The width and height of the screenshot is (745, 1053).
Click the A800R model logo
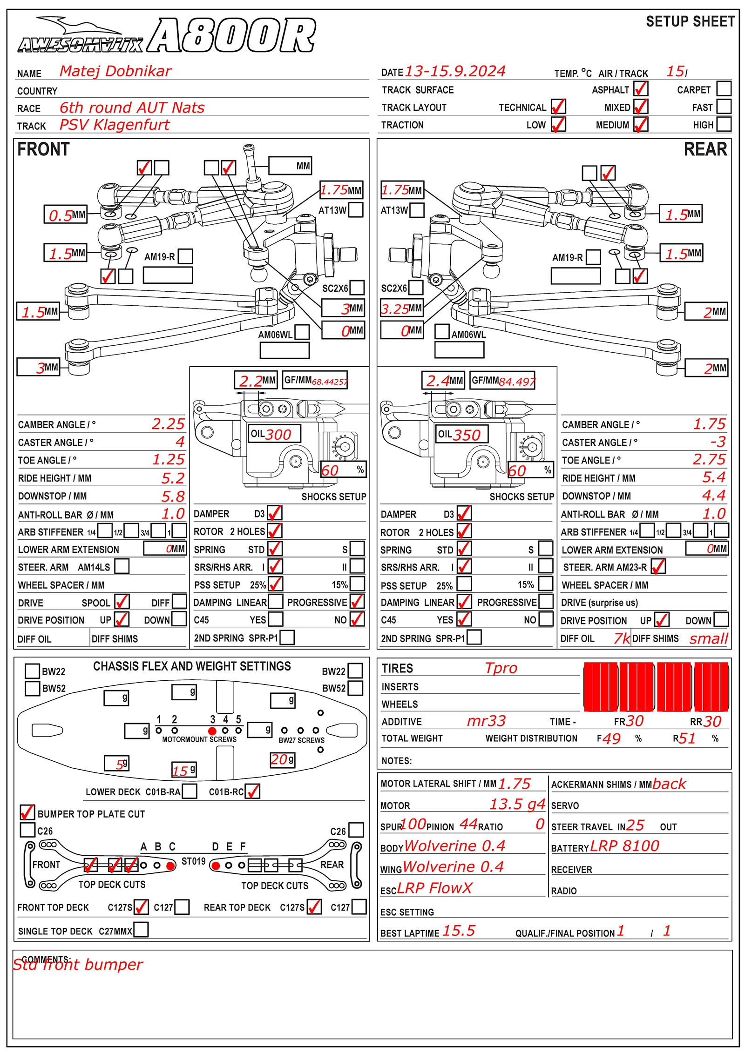pyautogui.click(x=231, y=36)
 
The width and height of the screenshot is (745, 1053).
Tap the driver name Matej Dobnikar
pyautogui.click(x=115, y=71)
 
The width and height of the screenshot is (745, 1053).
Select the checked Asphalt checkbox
pyautogui.click(x=641, y=88)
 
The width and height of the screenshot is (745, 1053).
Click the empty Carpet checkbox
pyautogui.click(x=724, y=88)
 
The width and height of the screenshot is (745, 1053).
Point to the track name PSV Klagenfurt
pyautogui.click(x=115, y=125)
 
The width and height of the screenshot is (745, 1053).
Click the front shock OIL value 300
pyautogui.click(x=278, y=434)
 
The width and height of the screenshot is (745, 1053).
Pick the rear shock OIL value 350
pyautogui.click(x=467, y=435)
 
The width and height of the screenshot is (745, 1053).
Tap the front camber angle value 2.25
pyautogui.click(x=168, y=424)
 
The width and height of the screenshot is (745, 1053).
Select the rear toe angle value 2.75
pyautogui.click(x=709, y=459)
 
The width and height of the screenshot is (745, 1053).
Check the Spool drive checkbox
pyautogui.click(x=122, y=601)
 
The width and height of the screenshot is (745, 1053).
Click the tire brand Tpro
pyautogui.click(x=501, y=668)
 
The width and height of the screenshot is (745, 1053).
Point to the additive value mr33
pyautogui.click(x=486, y=721)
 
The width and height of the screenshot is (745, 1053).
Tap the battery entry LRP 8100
pyautogui.click(x=624, y=845)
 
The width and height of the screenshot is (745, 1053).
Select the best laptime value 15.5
pyautogui.click(x=459, y=930)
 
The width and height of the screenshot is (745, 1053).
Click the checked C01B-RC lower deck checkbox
pyautogui.click(x=252, y=791)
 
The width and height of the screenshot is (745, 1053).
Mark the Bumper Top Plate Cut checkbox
pyautogui.click(x=27, y=812)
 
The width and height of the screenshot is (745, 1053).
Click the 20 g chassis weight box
pyautogui.click(x=282, y=760)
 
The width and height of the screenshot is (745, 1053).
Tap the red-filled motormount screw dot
pyautogui.click(x=212, y=731)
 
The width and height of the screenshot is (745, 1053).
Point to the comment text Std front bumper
pyautogui.click(x=78, y=965)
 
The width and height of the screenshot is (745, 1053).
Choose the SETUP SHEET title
pyautogui.click(x=690, y=21)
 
